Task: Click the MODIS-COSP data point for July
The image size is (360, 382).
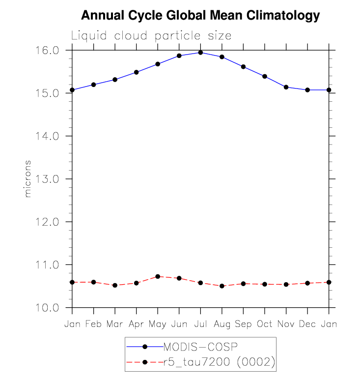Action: pos(200,53)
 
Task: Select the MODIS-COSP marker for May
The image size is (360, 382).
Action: pos(158,64)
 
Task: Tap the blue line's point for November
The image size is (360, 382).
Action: pos(286,87)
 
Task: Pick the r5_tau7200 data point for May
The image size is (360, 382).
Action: pos(158,276)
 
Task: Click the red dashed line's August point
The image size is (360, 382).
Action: pos(222,286)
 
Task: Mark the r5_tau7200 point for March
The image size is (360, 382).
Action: pos(115,285)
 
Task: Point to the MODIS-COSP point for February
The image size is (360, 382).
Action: pos(93,85)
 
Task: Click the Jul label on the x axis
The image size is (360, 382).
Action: pos(200,324)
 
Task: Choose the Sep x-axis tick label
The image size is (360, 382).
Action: pos(243,324)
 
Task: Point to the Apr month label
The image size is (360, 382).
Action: pos(136,324)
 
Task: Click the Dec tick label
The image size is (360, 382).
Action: pos(307,324)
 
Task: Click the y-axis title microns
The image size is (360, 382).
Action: pos(28,178)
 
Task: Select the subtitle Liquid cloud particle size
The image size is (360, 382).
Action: pos(151,36)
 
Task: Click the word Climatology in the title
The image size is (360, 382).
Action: pos(285,16)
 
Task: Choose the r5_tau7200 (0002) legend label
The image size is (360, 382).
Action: pos(219,362)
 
